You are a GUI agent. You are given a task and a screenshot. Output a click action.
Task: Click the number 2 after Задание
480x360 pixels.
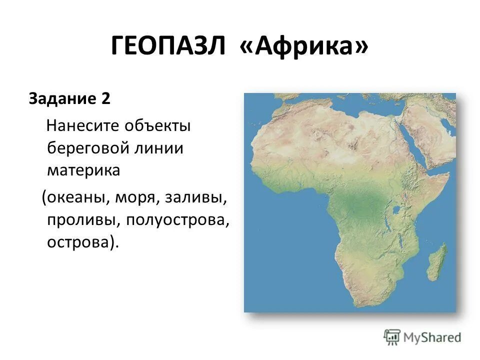pyautogui.click(x=105, y=98)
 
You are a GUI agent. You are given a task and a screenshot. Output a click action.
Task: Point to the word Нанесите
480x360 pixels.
pyautogui.click(x=79, y=126)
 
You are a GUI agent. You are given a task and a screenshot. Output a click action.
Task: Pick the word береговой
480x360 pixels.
pyautogui.click(x=86, y=148)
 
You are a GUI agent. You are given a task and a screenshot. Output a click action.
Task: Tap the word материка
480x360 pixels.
pyautogui.click(x=83, y=170)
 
